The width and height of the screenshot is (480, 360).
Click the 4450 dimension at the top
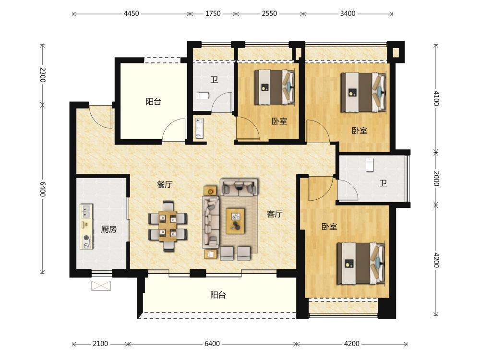[x=132, y=13]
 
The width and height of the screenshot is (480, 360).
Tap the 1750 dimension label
[x=213, y=13]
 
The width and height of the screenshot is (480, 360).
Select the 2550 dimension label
[x=269, y=13]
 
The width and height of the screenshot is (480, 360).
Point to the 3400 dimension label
[x=348, y=13]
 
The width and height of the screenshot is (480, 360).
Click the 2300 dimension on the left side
[x=43, y=74]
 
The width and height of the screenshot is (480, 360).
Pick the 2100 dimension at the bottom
[x=100, y=344]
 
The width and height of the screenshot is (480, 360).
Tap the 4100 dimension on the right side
[x=436, y=98]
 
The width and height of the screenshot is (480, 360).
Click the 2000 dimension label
[x=436, y=179]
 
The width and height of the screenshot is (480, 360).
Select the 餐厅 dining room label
[x=165, y=184]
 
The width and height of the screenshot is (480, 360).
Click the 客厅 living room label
[x=274, y=214]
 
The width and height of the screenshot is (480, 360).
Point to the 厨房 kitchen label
[x=108, y=229]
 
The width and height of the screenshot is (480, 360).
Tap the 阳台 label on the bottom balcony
[x=218, y=295]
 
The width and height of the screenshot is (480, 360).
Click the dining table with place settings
[x=168, y=226]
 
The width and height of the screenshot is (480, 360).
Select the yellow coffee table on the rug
[x=235, y=221]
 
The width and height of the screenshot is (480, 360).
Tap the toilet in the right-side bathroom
[x=370, y=165]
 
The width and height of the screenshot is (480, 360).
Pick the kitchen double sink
[x=86, y=212]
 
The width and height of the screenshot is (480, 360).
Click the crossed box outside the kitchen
[x=101, y=286]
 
